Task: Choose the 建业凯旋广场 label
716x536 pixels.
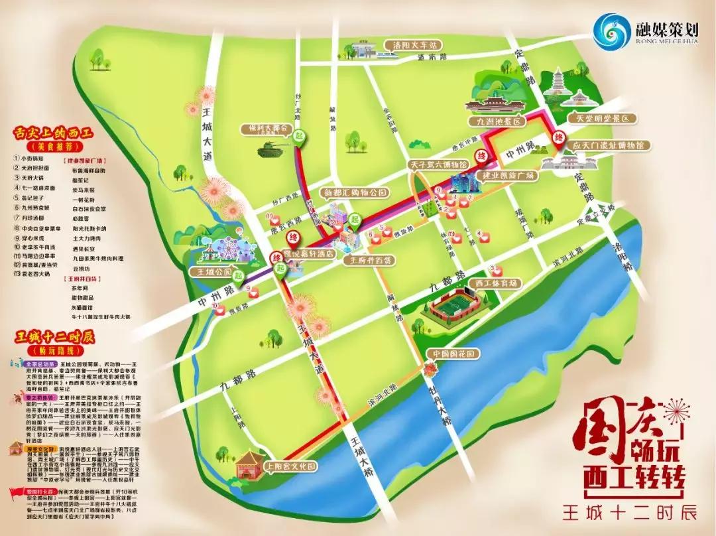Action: coord(509,175)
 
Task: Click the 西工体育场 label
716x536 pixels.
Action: coord(492,283)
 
